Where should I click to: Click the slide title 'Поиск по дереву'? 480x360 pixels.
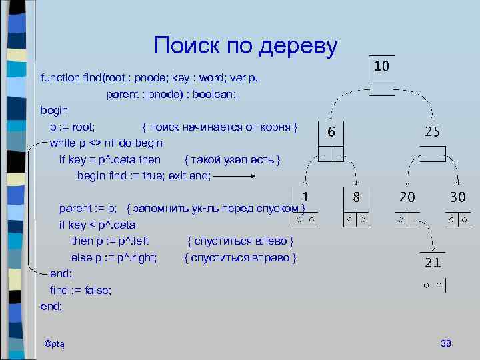pos(245,46)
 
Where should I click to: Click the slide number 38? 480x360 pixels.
pos(446,343)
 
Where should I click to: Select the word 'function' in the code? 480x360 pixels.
pos(59,78)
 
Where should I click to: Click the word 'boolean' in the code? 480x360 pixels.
pos(214,94)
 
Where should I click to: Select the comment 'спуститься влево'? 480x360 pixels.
pos(241,241)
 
